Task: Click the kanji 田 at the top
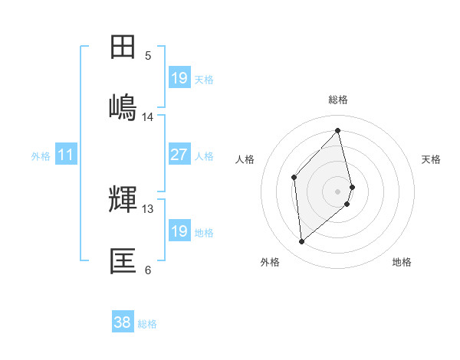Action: (123, 47)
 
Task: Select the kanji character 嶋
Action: (123, 106)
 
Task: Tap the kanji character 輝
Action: (123, 201)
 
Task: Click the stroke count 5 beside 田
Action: (148, 56)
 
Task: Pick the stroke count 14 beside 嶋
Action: (148, 117)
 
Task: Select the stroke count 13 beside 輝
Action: (148, 208)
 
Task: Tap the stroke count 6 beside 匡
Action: (148, 270)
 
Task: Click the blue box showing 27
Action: (179, 155)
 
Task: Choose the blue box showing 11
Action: (65, 155)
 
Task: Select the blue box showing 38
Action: (122, 323)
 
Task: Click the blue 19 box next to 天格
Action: (179, 78)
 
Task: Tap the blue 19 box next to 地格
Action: (179, 231)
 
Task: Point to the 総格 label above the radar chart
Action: (338, 100)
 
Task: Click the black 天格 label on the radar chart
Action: (432, 159)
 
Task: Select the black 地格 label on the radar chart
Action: (402, 262)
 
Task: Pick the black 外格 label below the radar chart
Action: (270, 262)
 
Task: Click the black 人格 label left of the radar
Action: (245, 159)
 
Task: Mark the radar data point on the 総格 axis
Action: (338, 131)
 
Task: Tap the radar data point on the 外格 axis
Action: (301, 242)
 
